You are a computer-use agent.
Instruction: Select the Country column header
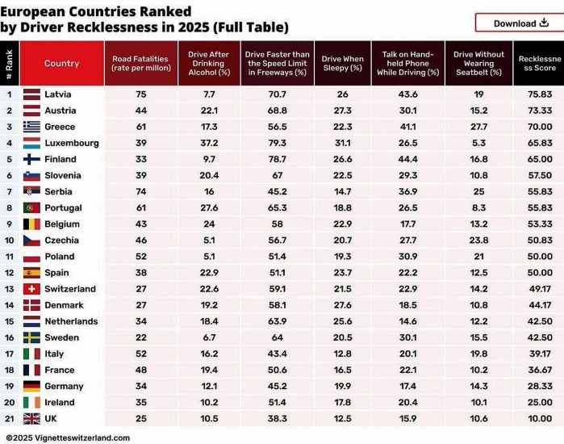pyautogui.click(x=61, y=64)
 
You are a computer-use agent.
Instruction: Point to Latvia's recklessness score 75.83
pyautogui.click(x=540, y=94)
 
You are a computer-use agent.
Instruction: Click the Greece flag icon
pyautogui.click(x=32, y=127)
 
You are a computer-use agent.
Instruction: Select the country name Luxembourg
pyautogui.click(x=72, y=143)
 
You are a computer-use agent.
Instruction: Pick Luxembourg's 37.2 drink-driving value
pyautogui.click(x=208, y=143)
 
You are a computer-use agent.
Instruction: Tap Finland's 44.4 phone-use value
pyautogui.click(x=407, y=159)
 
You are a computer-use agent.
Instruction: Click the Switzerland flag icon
pyautogui.click(x=32, y=289)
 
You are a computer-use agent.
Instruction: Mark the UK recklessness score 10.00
pyautogui.click(x=540, y=418)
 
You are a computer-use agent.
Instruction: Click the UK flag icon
pyautogui.click(x=32, y=418)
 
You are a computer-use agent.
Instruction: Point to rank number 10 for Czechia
pyautogui.click(x=10, y=240)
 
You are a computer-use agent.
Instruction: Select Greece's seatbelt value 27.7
pyautogui.click(x=478, y=127)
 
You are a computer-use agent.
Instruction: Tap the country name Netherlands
pyautogui.click(x=71, y=321)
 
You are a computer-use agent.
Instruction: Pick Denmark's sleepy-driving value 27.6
pyautogui.click(x=342, y=305)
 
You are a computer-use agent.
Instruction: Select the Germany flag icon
pyautogui.click(x=32, y=386)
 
